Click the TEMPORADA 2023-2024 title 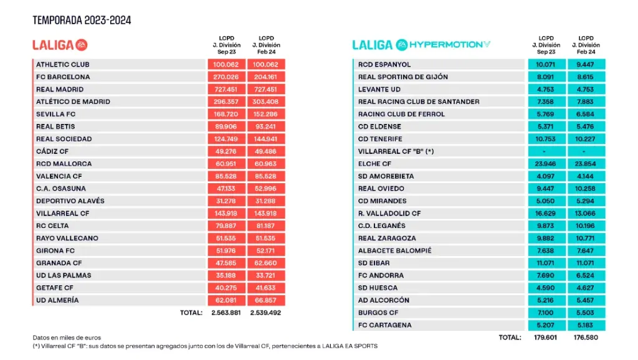coord(82,21)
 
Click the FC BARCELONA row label coord(63,77)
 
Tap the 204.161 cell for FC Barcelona coord(266,77)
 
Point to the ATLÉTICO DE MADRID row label coord(73,102)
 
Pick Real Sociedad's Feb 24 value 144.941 coord(266,139)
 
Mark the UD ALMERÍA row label coord(57,300)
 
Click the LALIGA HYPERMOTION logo coord(421,45)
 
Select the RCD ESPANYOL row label coord(384,65)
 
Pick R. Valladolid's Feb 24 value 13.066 coord(586,213)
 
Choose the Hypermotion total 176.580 coord(586,338)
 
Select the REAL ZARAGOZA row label coord(387,238)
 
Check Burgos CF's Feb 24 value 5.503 coord(586,313)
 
